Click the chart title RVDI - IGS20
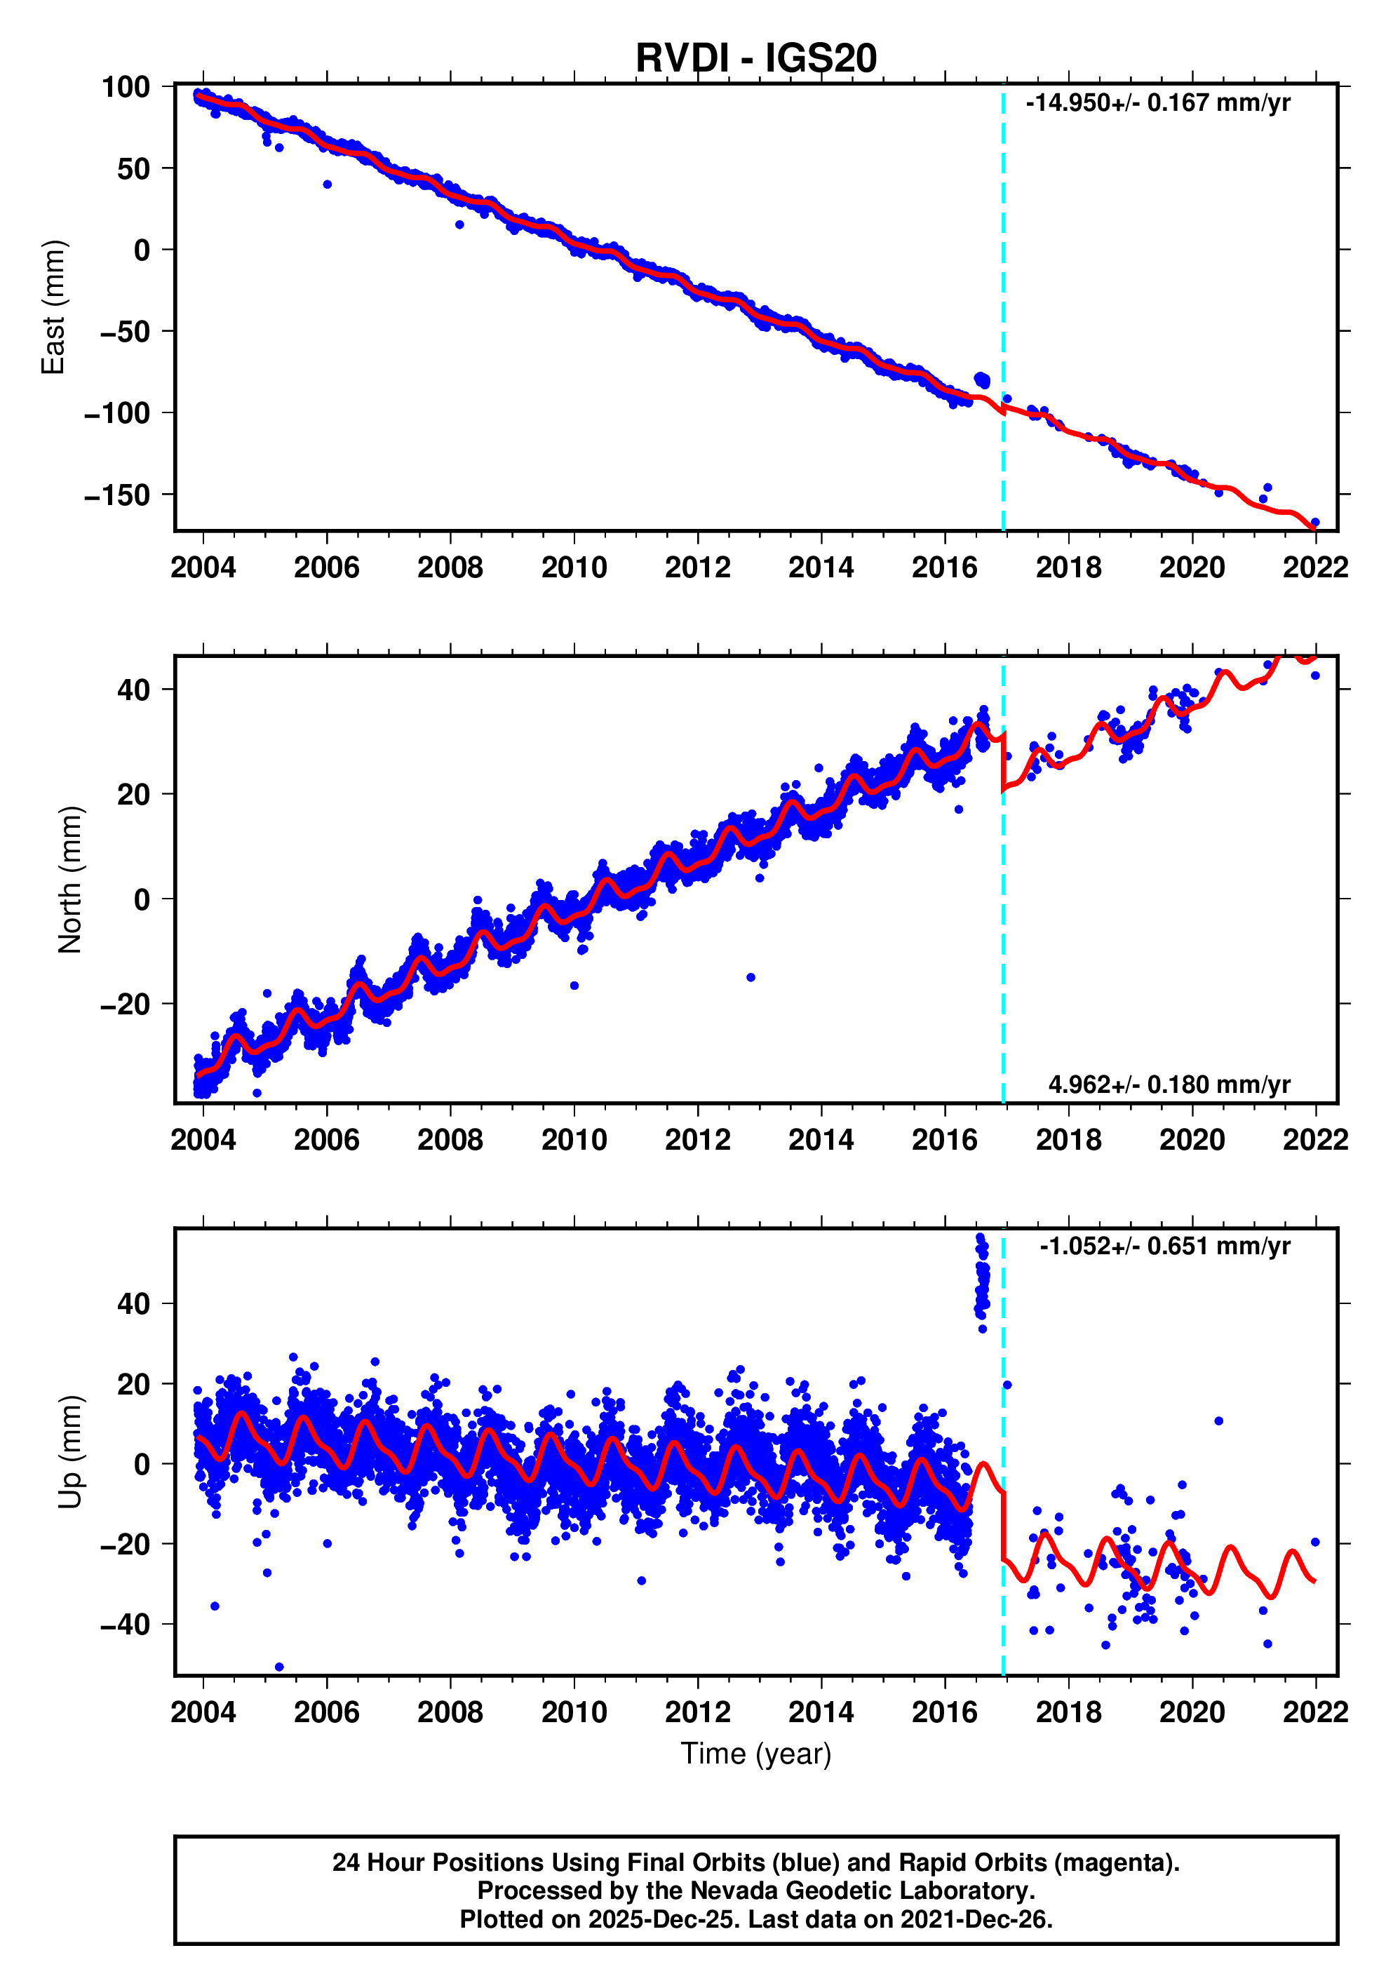(x=756, y=58)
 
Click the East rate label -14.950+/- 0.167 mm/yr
(x=1157, y=103)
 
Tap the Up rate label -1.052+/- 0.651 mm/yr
(x=1164, y=1246)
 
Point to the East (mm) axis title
(x=53, y=307)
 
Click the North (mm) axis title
(x=69, y=880)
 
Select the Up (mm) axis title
(x=69, y=1452)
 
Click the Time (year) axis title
(x=756, y=1754)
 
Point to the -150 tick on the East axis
(x=117, y=495)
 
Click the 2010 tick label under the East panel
(x=574, y=568)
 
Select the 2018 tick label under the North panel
(x=1068, y=1141)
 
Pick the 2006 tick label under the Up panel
(x=326, y=1712)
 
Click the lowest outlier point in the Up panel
(x=278, y=1667)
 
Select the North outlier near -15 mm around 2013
(x=751, y=978)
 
